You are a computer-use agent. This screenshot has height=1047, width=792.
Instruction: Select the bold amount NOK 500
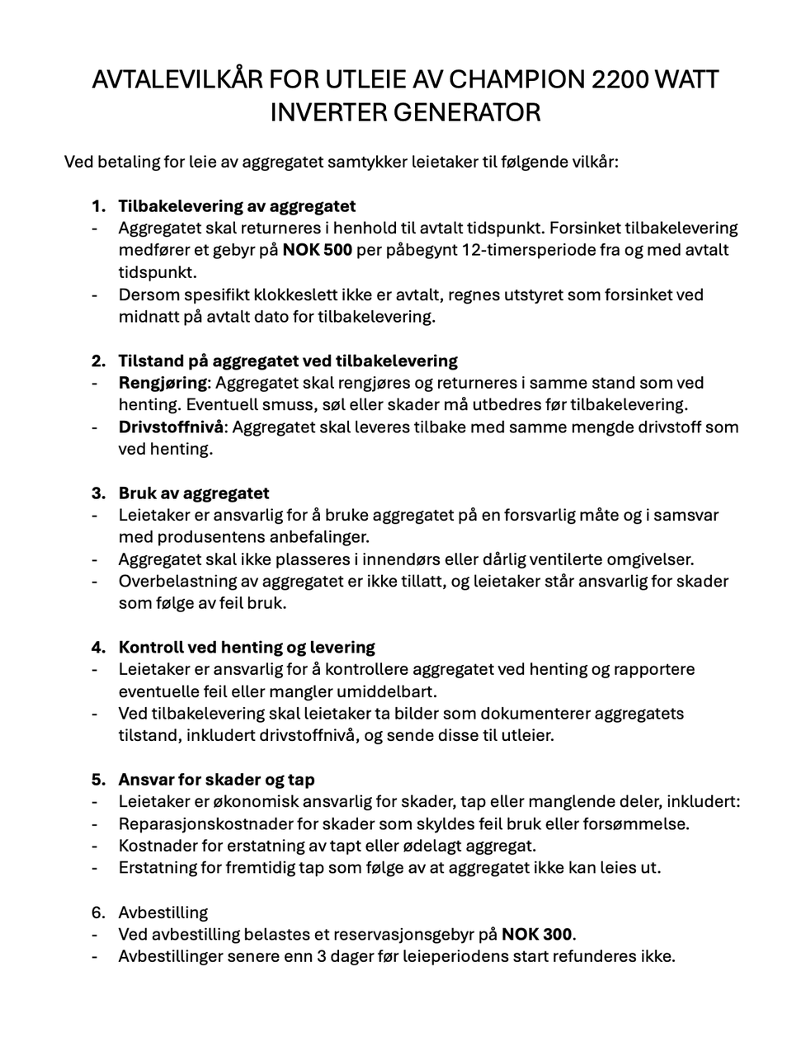click(x=318, y=250)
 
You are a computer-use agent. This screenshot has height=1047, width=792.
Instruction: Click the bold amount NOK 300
click(x=537, y=935)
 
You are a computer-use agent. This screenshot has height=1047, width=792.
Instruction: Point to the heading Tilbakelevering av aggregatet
click(x=237, y=205)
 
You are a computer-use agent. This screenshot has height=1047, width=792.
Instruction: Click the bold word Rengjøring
click(x=163, y=383)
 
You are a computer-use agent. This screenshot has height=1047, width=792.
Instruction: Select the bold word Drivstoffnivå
click(x=171, y=427)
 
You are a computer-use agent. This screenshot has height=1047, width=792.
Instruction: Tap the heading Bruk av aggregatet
click(x=194, y=493)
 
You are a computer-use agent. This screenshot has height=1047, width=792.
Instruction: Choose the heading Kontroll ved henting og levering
click(x=247, y=648)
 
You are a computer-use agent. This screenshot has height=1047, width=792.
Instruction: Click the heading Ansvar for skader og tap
click(x=216, y=780)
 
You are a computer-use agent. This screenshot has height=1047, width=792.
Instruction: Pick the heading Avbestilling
click(x=163, y=913)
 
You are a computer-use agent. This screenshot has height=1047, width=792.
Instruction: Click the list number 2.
click(x=98, y=361)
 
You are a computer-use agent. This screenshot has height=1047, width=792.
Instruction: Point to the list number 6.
click(x=98, y=913)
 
